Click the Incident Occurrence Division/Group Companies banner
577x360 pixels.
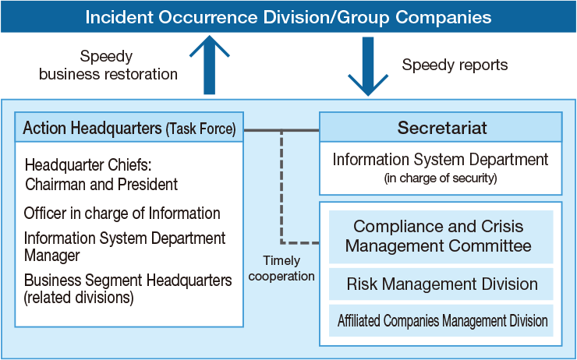pyautogui.click(x=288, y=16)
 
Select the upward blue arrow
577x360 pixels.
pyautogui.click(x=210, y=65)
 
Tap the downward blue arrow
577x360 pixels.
pyautogui.click(x=368, y=66)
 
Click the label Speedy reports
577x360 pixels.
pyautogui.click(x=455, y=65)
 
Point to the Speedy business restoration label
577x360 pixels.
pyautogui.click(x=108, y=65)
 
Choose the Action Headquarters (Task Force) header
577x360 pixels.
pyautogui.click(x=129, y=127)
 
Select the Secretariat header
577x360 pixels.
pyautogui.click(x=441, y=127)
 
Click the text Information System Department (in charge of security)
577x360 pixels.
pyautogui.click(x=441, y=168)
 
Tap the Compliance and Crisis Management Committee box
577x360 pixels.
pyautogui.click(x=441, y=236)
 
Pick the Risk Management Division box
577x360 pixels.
pyautogui.click(x=441, y=284)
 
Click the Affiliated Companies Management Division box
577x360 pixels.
pyautogui.click(x=441, y=320)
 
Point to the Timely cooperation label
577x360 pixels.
pyautogui.click(x=281, y=268)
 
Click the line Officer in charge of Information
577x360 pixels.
pyautogui.click(x=122, y=214)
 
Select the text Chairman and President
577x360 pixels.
pyautogui.click(x=101, y=184)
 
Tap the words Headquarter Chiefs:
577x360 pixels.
pyautogui.click(x=88, y=165)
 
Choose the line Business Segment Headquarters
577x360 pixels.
pyautogui.click(x=128, y=281)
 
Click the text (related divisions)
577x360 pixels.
pyautogui.click(x=79, y=297)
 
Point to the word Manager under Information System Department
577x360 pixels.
pyautogui.click(x=52, y=256)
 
